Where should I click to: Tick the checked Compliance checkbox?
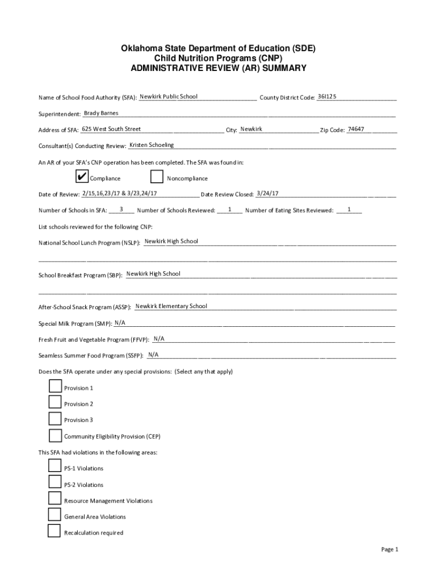82,177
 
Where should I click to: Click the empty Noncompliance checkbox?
157,177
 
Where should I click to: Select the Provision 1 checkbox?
55,387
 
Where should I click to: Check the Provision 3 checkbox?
55,419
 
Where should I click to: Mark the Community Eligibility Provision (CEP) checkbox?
55,436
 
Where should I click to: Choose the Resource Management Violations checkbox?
54,499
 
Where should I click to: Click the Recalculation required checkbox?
54,532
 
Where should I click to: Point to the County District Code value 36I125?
327,96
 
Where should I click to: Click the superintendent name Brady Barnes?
101,113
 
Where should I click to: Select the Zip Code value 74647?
356,129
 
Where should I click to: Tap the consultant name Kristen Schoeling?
152,145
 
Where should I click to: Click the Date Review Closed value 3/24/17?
267,193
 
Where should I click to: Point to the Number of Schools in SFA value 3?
121,209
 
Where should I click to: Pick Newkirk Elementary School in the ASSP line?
171,306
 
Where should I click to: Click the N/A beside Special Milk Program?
120,323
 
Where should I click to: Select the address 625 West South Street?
111,129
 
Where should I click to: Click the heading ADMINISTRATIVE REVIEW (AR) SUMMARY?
218,68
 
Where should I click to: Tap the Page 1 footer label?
390,549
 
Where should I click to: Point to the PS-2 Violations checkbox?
54,483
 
